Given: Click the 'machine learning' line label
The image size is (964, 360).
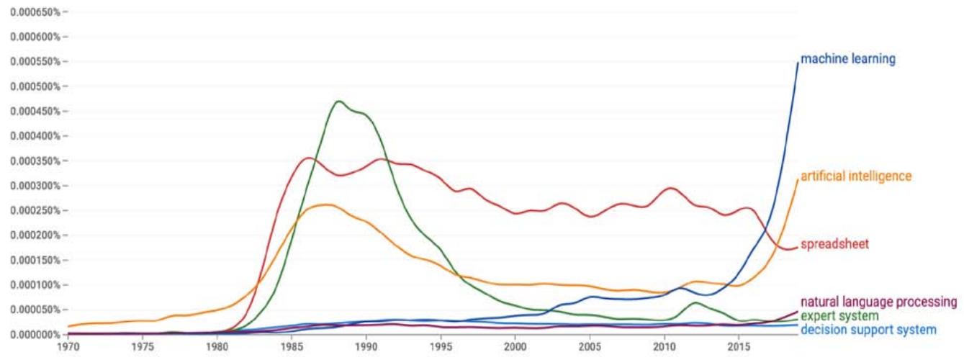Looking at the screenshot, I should pyautogui.click(x=848, y=60).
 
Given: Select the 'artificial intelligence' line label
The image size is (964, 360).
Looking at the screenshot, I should pyautogui.click(x=856, y=176).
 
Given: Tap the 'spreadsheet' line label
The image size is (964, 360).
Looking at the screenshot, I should pyautogui.click(x=834, y=244).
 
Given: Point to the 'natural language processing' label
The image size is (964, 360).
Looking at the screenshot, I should pyautogui.click(x=878, y=302).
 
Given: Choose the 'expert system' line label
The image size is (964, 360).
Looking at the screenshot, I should pyautogui.click(x=839, y=316).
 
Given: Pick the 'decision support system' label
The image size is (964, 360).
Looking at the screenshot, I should pyautogui.click(x=868, y=330).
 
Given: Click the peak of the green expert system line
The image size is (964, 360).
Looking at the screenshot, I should pyautogui.click(x=338, y=101).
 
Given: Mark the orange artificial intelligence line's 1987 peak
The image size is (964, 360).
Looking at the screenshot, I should pyautogui.click(x=326, y=204).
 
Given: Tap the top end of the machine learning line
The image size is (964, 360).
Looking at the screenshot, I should pyautogui.click(x=798, y=63).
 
